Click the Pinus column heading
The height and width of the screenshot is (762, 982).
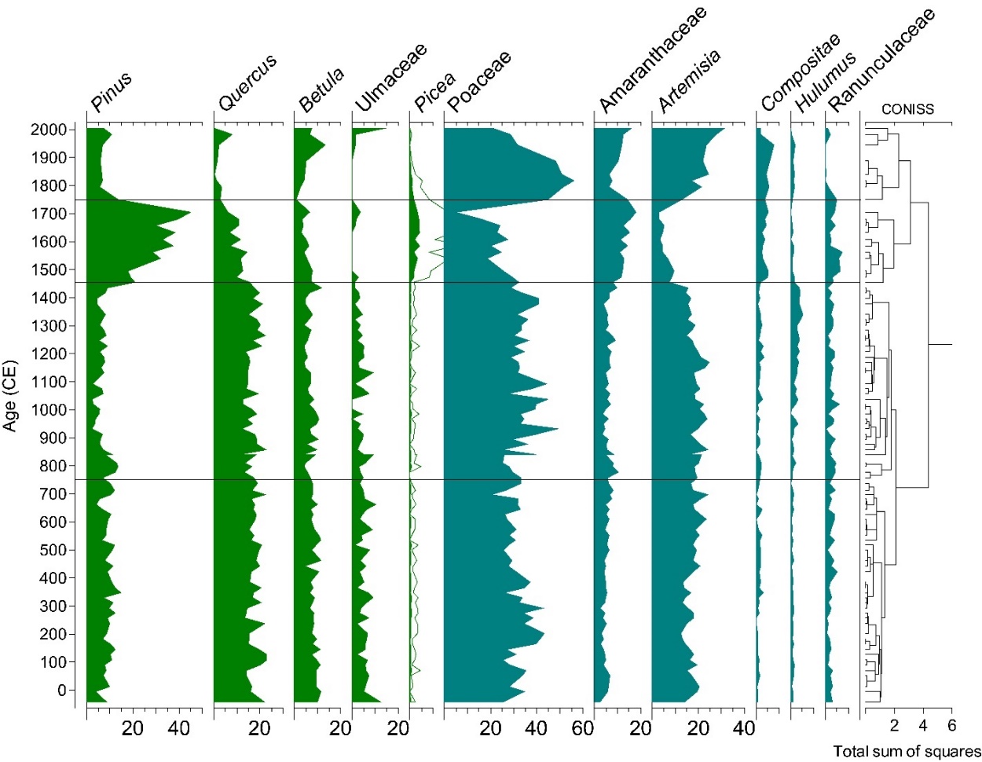click(x=112, y=91)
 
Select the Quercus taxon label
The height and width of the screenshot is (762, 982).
click(x=247, y=82)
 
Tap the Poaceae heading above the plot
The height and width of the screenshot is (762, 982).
click(x=479, y=81)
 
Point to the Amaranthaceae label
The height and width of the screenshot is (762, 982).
click(x=652, y=60)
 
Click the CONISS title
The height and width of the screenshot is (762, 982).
click(x=907, y=109)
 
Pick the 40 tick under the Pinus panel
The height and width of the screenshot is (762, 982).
click(x=179, y=729)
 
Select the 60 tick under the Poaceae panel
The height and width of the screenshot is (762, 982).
click(x=582, y=729)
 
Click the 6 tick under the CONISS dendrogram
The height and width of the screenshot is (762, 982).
click(x=951, y=726)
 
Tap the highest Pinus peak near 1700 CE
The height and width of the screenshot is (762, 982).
click(x=190, y=212)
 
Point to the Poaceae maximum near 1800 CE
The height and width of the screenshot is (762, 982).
click(x=573, y=181)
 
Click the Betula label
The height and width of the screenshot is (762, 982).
click(x=321, y=90)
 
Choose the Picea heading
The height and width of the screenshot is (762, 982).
click(x=434, y=92)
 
